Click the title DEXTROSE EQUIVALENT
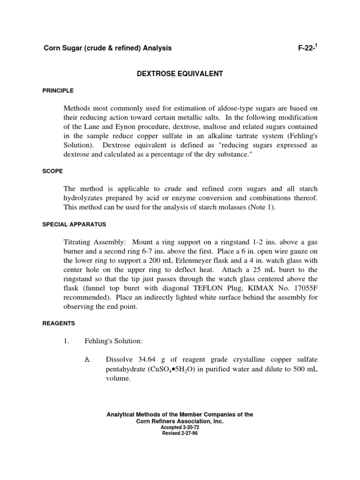point(180,74)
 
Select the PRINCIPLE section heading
point(58,90)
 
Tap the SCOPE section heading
point(52,171)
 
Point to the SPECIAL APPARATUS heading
point(74,224)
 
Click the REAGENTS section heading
point(58,323)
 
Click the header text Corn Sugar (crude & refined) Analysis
point(107,48)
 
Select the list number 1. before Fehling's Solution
point(67,341)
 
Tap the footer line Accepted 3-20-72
point(180,427)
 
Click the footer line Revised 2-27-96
point(180,433)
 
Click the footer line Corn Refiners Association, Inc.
point(180,421)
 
